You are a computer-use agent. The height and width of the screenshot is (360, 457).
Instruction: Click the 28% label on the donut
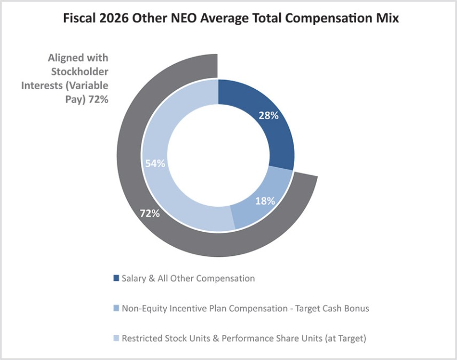point(269,116)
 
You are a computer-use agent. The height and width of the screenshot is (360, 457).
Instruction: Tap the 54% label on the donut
point(155,163)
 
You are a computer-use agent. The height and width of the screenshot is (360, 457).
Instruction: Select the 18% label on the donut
point(265,201)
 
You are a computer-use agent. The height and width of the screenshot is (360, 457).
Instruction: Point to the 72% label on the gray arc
point(150,213)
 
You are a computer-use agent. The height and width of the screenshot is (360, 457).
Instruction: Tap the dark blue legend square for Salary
point(116,278)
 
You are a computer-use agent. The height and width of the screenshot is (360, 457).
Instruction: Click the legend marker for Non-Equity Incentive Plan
point(116,308)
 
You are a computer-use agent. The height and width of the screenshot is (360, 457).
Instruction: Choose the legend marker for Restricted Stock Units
point(116,338)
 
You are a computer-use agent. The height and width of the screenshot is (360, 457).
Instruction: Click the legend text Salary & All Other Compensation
point(188,278)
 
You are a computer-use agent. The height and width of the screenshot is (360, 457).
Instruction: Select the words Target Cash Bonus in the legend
point(332,308)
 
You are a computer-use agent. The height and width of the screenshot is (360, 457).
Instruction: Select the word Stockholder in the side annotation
point(80,72)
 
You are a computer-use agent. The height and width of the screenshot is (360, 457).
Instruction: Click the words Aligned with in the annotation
point(78,58)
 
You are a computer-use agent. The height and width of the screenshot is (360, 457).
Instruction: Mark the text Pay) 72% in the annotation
point(87,99)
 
